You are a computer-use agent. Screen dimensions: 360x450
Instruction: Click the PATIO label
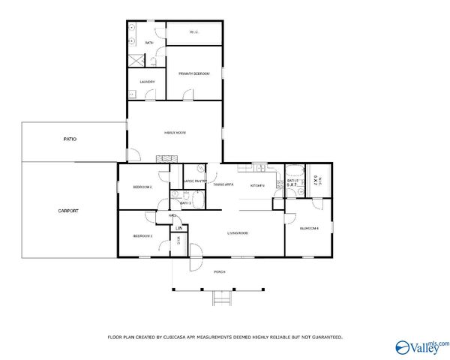[70, 139]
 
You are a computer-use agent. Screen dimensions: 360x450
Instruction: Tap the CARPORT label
[68, 211]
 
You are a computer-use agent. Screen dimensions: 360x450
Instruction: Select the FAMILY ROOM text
[175, 133]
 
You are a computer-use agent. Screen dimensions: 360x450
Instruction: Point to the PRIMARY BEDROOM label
[193, 73]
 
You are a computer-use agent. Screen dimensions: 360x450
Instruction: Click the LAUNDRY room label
[147, 82]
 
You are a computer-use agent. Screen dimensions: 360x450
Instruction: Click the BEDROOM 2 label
[142, 187]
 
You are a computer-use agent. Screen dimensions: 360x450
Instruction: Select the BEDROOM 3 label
[142, 236]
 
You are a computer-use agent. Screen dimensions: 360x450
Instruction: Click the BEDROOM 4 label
[309, 228]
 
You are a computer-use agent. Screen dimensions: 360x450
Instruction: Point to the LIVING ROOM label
[238, 233]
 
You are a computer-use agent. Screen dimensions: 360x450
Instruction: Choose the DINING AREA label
[223, 184]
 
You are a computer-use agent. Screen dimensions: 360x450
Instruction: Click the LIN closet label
[178, 228]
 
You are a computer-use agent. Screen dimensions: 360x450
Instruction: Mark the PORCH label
[220, 271]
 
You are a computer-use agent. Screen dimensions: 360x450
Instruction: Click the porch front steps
[220, 298]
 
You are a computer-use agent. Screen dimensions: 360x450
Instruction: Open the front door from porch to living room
[195, 252]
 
